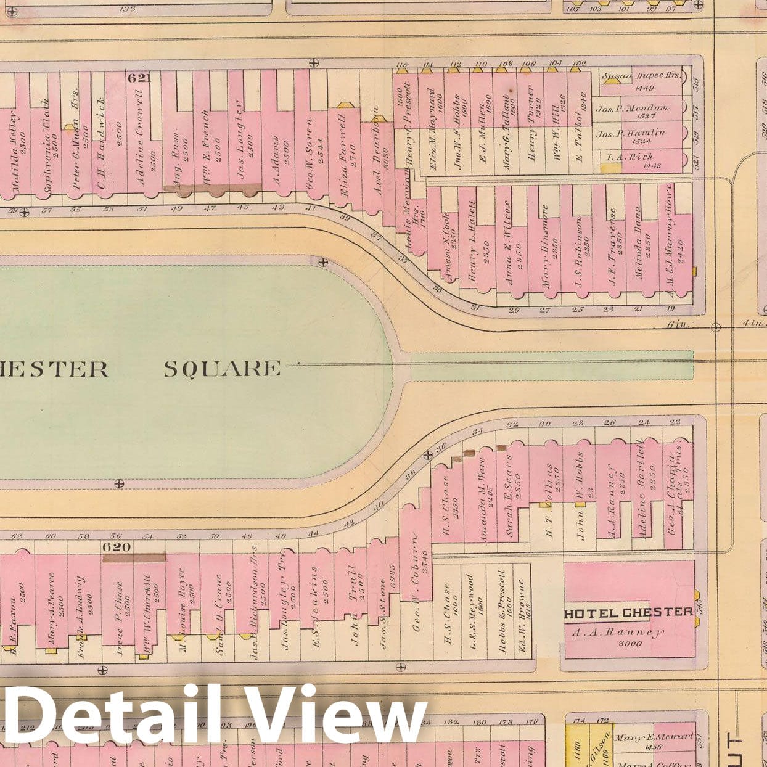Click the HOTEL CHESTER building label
[x=628, y=612]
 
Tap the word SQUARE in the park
[x=222, y=369]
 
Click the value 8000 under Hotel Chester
[x=629, y=643]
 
